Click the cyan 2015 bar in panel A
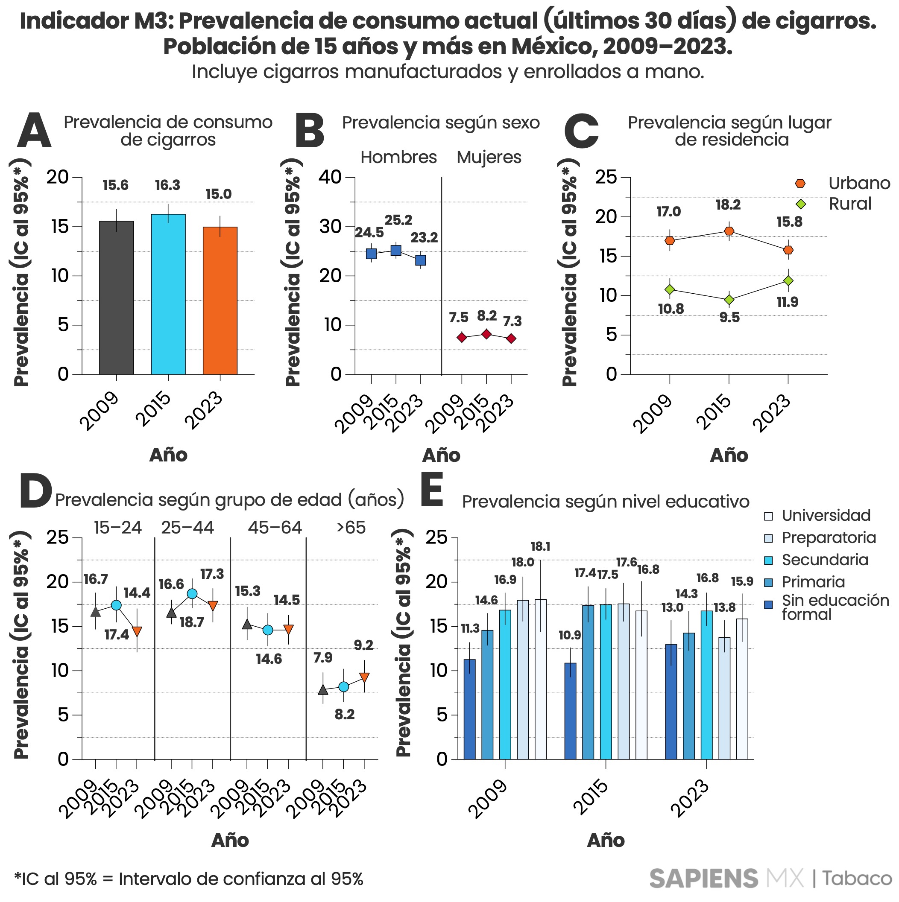(x=168, y=294)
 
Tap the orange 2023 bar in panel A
(x=220, y=301)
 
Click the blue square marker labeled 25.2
(x=396, y=251)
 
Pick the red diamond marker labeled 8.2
(x=486, y=334)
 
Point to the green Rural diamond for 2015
(x=729, y=300)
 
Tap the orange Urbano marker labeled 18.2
(x=729, y=231)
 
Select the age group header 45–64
(x=275, y=528)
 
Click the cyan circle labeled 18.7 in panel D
(x=192, y=594)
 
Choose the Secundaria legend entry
(x=824, y=560)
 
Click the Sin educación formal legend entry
(x=835, y=607)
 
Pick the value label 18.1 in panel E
(x=540, y=546)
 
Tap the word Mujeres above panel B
(x=489, y=158)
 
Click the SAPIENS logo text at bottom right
(x=703, y=879)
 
